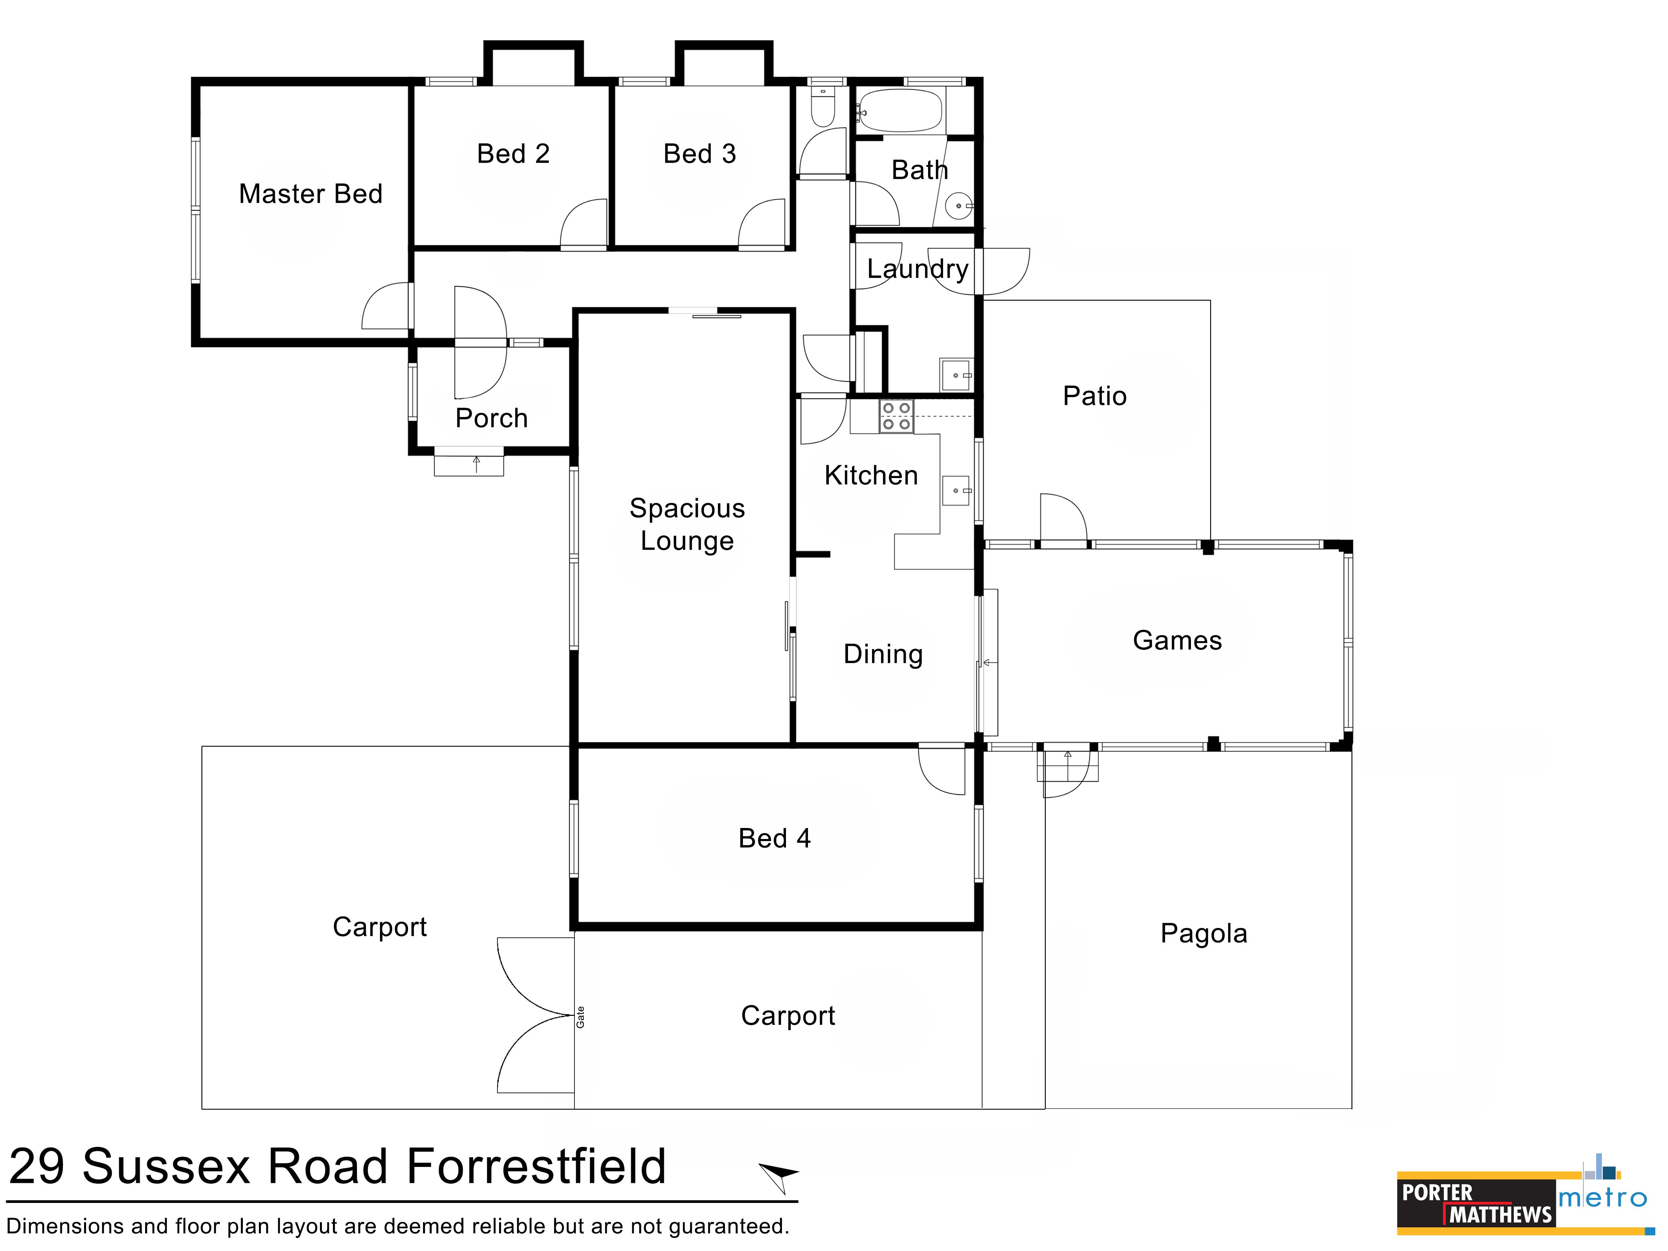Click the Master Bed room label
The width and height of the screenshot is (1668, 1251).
pyautogui.click(x=311, y=194)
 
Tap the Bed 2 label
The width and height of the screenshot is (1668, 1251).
pyautogui.click(x=513, y=154)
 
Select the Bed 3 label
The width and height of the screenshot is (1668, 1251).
pyautogui.click(x=700, y=154)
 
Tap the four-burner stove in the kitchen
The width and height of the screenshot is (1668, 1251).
pyautogui.click(x=896, y=416)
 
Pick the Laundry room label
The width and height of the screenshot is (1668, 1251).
pyautogui.click(x=918, y=269)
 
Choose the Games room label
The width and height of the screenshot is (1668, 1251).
pyautogui.click(x=1177, y=640)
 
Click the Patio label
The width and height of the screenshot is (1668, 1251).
pyautogui.click(x=1095, y=396)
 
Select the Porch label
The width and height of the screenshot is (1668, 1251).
pyautogui.click(x=492, y=418)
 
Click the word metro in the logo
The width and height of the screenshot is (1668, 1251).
pyautogui.click(x=1603, y=1198)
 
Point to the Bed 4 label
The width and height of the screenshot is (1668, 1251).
pyautogui.click(x=774, y=839)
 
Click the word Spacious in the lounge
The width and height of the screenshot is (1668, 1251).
pyautogui.click(x=687, y=509)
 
